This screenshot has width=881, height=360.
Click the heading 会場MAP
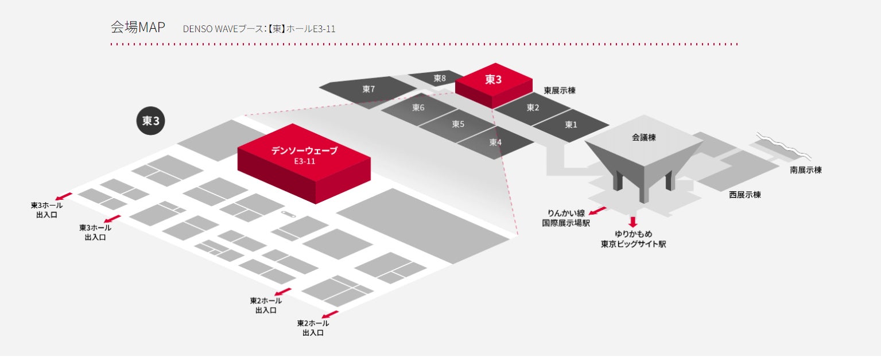[x=138, y=27]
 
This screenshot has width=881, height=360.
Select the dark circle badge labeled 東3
[x=150, y=121]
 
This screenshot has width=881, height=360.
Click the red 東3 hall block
[x=493, y=80]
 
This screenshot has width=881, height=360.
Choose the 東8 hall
[x=440, y=78]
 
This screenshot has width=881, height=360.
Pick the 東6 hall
[x=418, y=108]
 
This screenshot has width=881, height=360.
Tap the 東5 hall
[x=457, y=124]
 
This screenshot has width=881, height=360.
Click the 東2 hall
[x=533, y=107]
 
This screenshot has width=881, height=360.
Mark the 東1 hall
[x=570, y=125]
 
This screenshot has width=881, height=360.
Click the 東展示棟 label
[x=560, y=91]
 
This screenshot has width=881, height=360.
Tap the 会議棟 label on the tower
[x=644, y=138]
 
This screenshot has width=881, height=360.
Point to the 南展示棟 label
[x=805, y=170]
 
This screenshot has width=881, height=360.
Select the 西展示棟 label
[x=745, y=195]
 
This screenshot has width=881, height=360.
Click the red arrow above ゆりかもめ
[x=633, y=222]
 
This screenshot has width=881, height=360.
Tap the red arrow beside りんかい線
[x=597, y=211]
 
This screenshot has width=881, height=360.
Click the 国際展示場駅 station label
[x=566, y=223]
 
